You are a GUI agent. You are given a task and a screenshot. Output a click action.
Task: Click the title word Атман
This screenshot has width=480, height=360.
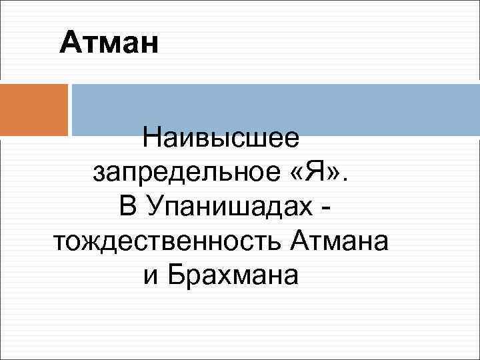pos(109,45)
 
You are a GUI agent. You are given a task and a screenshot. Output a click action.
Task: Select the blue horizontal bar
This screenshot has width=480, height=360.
pos(275,109)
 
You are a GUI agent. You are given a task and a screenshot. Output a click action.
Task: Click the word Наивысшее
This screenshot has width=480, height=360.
pos(221,141)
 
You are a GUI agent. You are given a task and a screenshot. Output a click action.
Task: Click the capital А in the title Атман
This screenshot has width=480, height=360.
pos(69,45)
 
